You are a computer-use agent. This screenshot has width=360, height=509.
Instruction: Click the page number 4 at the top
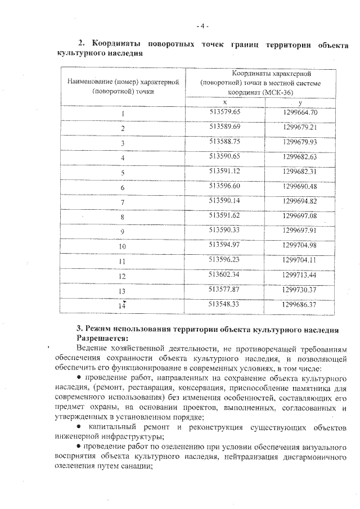coord(202,25)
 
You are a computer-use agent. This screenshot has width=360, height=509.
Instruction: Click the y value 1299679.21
coord(300,127)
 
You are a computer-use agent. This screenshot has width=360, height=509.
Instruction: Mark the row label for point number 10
coord(122,246)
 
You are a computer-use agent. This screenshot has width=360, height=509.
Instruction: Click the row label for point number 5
coord(122,173)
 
